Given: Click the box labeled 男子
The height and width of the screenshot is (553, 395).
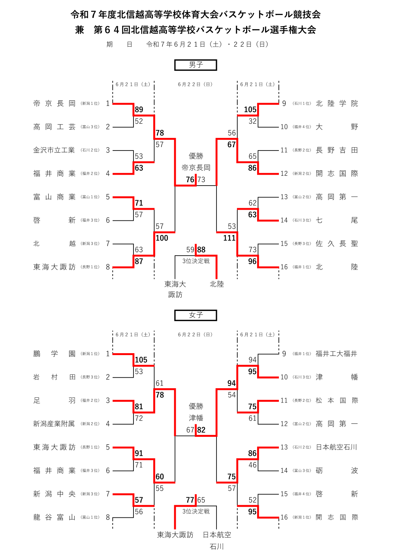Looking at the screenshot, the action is pos(196,65).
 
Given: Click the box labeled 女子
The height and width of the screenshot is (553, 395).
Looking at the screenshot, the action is pos(196,315).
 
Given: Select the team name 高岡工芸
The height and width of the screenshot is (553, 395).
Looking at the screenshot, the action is pos(55,127).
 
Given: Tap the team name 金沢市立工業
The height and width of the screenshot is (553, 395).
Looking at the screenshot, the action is pos(54,150).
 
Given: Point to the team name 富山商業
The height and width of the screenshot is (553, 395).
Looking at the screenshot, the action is pos(55,197).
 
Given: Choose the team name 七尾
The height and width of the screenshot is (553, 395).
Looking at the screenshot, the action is pos(337,220).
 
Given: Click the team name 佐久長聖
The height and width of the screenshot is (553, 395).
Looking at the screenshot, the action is pos(337,244).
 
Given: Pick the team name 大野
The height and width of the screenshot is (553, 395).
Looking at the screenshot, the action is pos(337,127).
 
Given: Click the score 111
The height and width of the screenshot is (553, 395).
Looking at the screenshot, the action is pos(229,238).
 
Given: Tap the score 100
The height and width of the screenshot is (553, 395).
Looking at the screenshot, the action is pos(162,238).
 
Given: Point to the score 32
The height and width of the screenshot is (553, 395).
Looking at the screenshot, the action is pos(252,121).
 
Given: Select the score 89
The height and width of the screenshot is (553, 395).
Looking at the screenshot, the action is pos(139,110).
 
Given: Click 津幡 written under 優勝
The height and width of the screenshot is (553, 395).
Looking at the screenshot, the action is pos(196,418).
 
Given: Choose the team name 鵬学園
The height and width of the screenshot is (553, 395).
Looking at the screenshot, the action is pos(55,354).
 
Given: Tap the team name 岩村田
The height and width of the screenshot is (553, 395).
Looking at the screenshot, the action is pos(55,377).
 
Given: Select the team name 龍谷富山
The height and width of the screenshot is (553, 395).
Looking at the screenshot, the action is pos(55,517).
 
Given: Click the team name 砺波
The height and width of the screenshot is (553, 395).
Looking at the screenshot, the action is pos(337,470).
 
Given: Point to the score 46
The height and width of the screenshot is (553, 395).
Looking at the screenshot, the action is pos(252,465).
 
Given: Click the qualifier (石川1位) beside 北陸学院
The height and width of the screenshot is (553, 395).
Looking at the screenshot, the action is pos(302,103).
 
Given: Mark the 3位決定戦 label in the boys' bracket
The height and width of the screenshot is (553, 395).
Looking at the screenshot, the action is pos(196,261).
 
